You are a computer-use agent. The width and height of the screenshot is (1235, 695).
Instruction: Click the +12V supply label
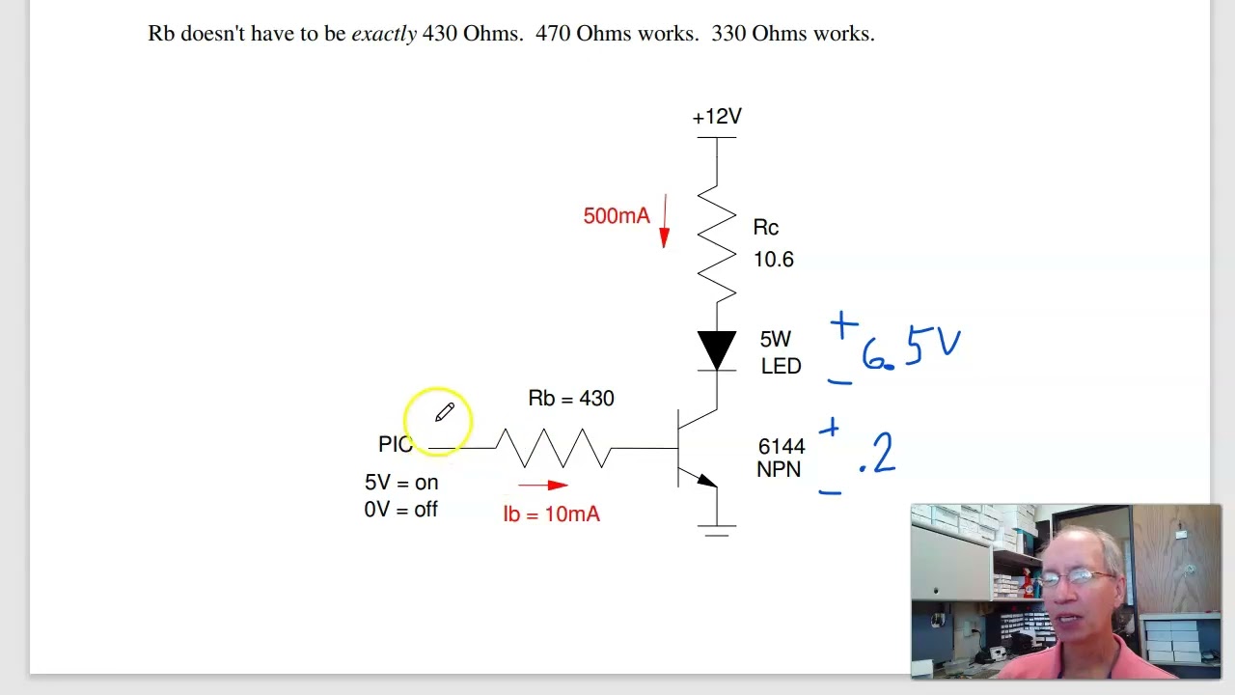[717, 117]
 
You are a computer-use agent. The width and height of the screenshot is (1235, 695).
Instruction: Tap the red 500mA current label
[616, 216]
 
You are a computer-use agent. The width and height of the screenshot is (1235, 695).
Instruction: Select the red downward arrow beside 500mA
[664, 222]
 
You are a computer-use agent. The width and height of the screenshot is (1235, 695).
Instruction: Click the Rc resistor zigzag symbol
[717, 243]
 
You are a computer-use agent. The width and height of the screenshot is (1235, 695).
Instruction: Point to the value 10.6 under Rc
[773, 260]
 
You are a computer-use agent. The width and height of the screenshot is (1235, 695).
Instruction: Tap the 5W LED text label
[780, 352]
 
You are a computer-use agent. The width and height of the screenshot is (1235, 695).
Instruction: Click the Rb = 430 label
[571, 399]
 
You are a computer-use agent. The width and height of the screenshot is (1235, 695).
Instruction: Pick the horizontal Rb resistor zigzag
[554, 448]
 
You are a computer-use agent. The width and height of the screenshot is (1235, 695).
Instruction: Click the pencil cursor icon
[444, 413]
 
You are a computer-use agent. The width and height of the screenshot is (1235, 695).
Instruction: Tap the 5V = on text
[401, 483]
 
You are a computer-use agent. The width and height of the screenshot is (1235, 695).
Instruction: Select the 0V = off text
[400, 510]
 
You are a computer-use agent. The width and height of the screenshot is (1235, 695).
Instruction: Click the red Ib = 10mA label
[551, 514]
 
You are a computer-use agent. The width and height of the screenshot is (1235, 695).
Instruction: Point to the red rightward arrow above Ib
[543, 486]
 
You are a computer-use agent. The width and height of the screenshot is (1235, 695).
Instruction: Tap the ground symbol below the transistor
[717, 529]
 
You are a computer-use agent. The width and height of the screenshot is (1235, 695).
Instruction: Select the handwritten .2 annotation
[878, 455]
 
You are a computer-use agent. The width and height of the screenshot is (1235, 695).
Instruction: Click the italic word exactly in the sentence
[384, 34]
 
